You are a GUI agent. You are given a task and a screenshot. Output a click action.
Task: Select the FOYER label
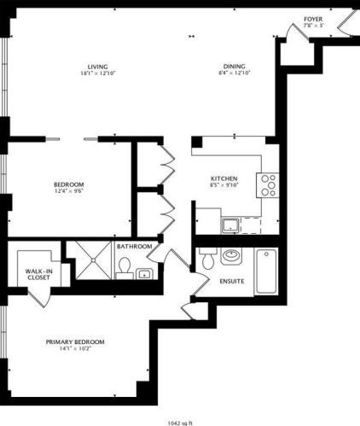(314, 17)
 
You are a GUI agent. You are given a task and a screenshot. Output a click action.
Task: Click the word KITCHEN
(224, 178)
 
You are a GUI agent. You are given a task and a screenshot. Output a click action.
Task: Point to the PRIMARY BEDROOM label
(83, 341)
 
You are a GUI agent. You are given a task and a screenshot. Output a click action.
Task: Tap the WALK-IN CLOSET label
(38, 274)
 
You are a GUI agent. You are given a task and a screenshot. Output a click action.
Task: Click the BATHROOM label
(135, 247)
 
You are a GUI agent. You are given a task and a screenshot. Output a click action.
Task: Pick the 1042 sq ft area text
(180, 421)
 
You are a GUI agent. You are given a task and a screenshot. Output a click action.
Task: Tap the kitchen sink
(231, 225)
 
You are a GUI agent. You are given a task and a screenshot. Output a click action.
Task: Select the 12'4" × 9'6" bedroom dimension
(67, 191)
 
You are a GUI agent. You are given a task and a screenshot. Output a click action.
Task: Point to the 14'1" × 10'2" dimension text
(83, 349)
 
